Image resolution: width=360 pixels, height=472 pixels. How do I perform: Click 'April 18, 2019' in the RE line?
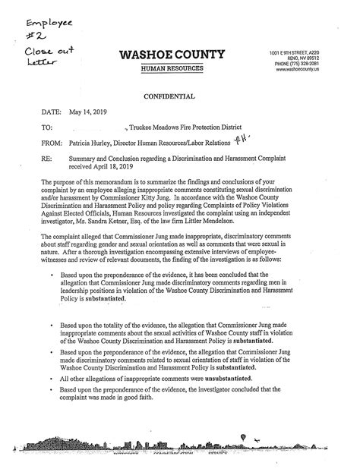pos(114,169)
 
